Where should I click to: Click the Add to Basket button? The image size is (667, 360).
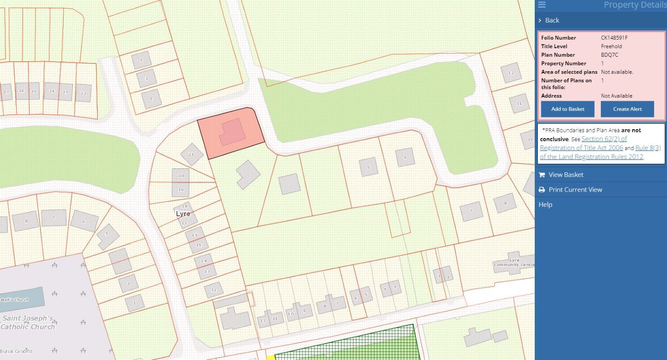568,109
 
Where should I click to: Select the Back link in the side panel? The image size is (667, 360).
552,20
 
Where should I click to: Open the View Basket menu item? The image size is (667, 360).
566,175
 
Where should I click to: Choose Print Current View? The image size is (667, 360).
575,189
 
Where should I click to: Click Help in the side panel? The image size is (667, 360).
545,204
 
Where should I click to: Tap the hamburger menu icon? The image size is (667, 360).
541,4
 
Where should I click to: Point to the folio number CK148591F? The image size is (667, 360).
614,38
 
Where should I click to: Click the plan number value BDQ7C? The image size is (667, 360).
610,55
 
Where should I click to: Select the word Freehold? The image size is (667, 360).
611,46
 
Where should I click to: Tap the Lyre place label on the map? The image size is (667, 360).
183,214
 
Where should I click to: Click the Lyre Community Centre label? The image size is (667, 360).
514,263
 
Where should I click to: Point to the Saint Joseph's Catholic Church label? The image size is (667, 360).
28,322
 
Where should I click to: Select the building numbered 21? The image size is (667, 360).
192,154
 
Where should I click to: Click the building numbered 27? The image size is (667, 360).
6,92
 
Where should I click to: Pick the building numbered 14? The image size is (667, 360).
203,261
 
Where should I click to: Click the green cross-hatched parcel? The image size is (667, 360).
347,344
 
